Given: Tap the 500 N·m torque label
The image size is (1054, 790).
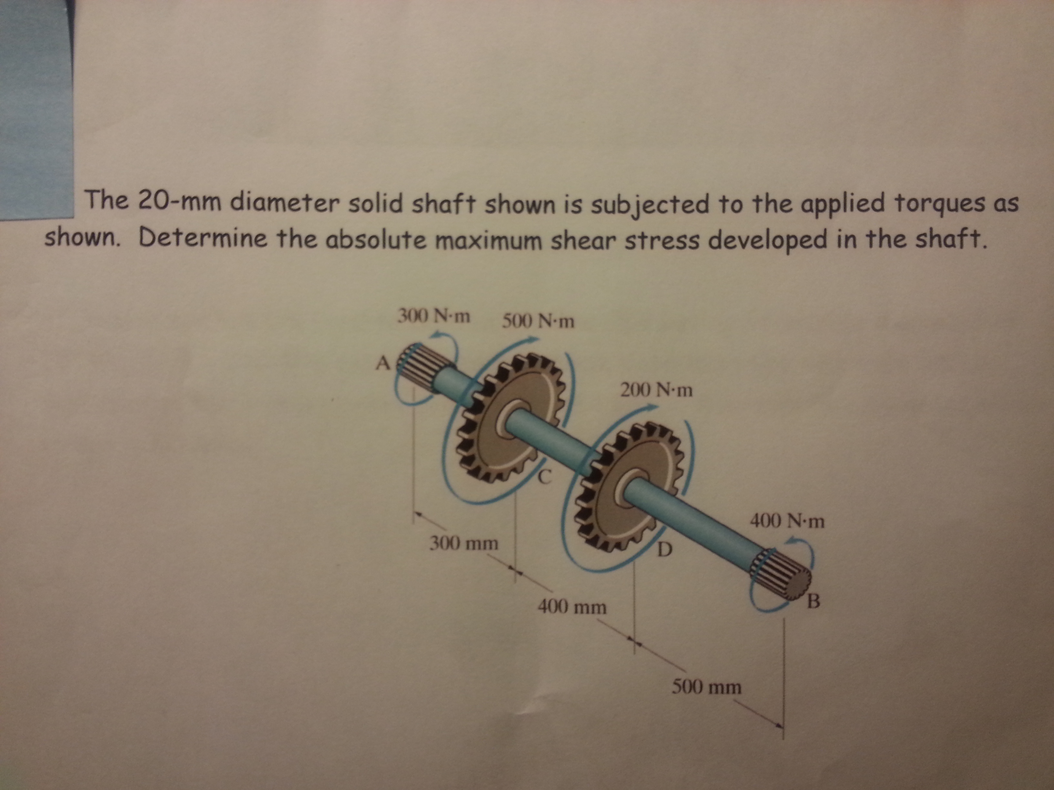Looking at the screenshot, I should point(538,322).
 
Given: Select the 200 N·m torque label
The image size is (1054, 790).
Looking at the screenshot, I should point(656,391).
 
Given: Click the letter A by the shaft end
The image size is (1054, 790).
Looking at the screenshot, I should point(383,364).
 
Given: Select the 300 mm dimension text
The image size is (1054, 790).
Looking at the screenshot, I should point(464,543).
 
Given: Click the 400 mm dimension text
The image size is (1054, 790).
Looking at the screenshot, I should point(572,607).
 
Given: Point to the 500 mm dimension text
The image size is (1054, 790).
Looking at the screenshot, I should point(707,687).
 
